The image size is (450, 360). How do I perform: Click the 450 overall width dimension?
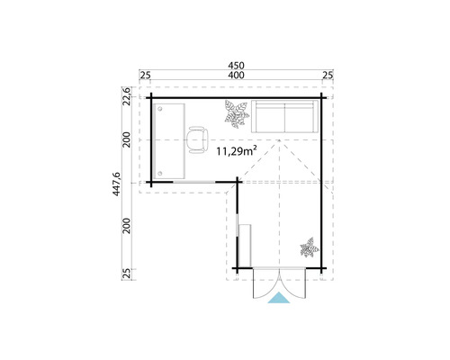tap(236, 65)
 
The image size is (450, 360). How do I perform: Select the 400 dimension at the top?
tap(236, 75)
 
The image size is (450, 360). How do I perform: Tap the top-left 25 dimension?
tap(145, 75)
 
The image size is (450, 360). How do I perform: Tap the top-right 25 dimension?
tap(327, 75)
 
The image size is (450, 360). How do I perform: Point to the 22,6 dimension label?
tap(129, 94)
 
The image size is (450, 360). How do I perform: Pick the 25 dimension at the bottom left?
tap(129, 272)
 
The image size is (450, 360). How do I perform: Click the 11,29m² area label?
tap(238, 152)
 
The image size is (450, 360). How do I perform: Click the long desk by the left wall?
tap(169, 138)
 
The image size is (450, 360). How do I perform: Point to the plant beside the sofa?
tap(237, 114)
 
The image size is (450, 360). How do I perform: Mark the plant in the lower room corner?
tap(309, 247)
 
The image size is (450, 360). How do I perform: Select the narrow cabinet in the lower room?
tap(242, 238)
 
